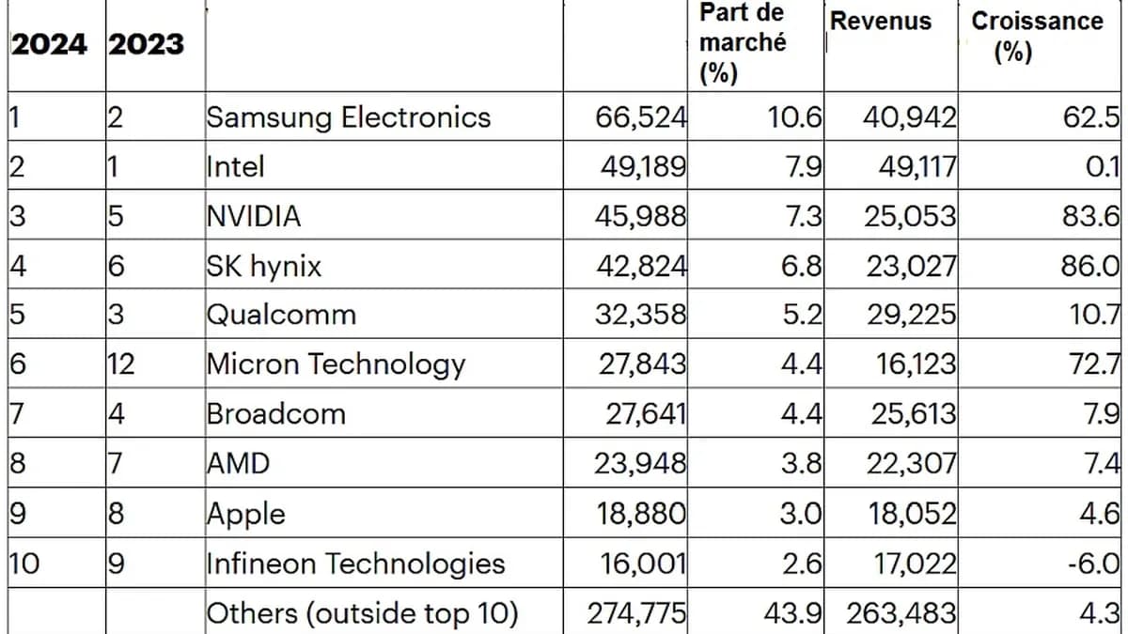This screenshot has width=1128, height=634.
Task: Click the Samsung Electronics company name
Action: coord(348,117)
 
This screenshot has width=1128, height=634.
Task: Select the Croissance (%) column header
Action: coord(1037,35)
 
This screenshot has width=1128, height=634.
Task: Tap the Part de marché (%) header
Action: coord(743,43)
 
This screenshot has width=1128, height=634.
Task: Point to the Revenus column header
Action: coord(881,22)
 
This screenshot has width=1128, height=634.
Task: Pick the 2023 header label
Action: coord(146,45)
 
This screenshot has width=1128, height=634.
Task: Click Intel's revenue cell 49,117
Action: coord(909,167)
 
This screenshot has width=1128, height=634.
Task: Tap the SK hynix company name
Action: coord(263,266)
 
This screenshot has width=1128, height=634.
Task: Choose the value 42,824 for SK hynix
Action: coord(641,266)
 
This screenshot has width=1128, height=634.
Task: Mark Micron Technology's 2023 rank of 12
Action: coord(122,364)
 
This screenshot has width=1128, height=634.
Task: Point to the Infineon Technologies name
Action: coord(355,564)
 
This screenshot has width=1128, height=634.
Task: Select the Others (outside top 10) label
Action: coord(361,613)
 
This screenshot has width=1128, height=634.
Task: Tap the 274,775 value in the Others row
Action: coord(636,613)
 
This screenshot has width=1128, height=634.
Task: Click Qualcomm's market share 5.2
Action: coord(801,315)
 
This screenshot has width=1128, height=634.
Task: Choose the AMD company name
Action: coord(238,463)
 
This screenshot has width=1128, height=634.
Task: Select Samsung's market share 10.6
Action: coord(795,117)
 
